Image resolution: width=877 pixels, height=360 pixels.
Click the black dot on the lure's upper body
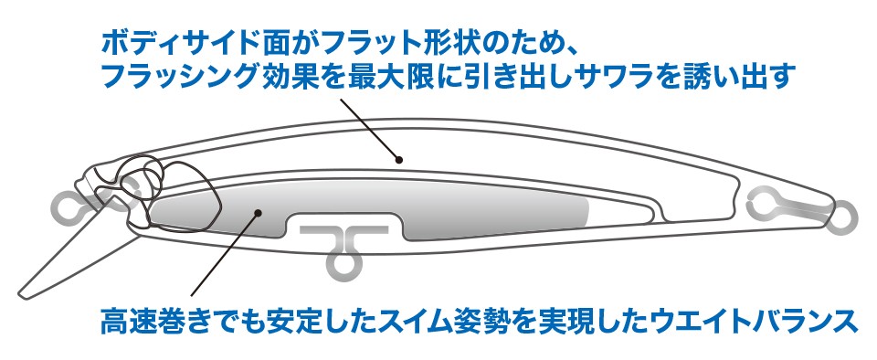[399, 160]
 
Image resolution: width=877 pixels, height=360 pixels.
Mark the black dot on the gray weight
[258, 212]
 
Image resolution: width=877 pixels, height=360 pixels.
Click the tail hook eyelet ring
[841, 218]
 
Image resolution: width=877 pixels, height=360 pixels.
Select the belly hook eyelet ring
[342, 264]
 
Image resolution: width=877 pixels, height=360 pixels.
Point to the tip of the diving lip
[21, 292]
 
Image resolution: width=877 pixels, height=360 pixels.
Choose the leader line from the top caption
[370, 130]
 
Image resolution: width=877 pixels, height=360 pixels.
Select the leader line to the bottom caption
[225, 254]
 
